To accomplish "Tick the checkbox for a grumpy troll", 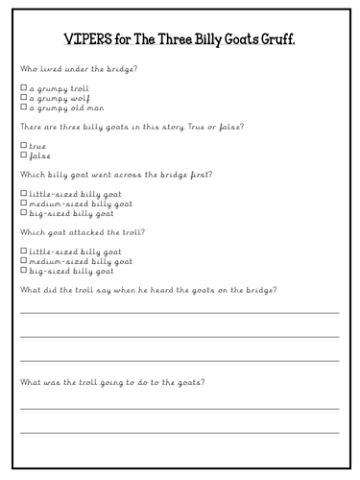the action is (23, 87).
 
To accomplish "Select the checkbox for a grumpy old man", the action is (23, 108).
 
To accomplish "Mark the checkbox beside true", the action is (23, 145).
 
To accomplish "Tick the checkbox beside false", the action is (23, 155).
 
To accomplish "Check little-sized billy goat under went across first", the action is (23, 193).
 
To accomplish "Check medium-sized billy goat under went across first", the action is (23, 203).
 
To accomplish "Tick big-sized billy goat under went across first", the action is (23, 213).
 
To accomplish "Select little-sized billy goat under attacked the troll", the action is (23, 251).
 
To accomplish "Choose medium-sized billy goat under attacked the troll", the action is (23, 260).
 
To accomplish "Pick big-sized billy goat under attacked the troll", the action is (23, 271).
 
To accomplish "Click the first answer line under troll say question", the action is (180, 312).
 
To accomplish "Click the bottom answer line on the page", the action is (180, 432).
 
